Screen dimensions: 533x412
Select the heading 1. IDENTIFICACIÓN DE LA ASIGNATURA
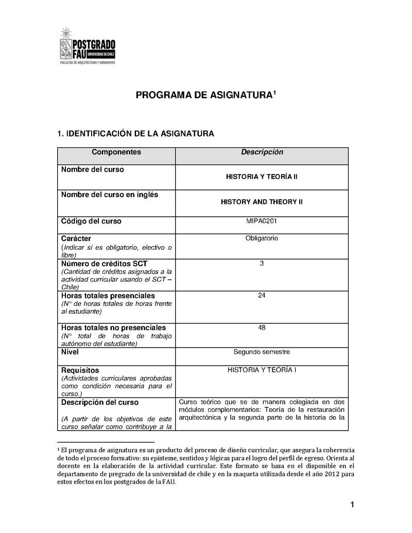pyautogui.click(x=134, y=134)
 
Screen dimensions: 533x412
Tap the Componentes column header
pyautogui.click(x=116, y=152)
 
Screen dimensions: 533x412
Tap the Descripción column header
pyautogui.click(x=262, y=152)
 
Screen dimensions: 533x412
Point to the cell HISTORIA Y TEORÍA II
pyautogui.click(x=262, y=177)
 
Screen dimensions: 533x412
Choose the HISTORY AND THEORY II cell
pyautogui.click(x=262, y=202)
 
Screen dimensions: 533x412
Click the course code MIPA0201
pyautogui.click(x=262, y=221)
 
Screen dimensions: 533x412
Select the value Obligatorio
pyautogui.click(x=262, y=238)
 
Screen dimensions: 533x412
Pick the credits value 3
pyautogui.click(x=262, y=264)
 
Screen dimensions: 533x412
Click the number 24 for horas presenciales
pyautogui.click(x=262, y=296)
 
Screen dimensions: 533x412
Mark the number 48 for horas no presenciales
pyautogui.click(x=262, y=328)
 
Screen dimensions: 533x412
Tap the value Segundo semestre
pyautogui.click(x=262, y=352)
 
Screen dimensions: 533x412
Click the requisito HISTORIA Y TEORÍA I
pyautogui.click(x=262, y=370)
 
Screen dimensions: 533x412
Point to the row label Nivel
pyautogui.click(x=70, y=352)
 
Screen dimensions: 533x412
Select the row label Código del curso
pyautogui.click(x=91, y=221)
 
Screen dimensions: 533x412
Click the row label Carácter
pyautogui.click(x=76, y=239)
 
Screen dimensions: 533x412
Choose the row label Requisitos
pyautogui.click(x=80, y=370)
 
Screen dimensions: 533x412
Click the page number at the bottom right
pyautogui.click(x=352, y=505)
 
